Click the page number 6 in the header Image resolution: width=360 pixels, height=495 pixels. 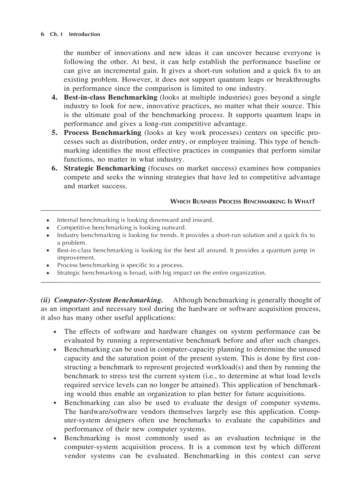(x=42, y=34)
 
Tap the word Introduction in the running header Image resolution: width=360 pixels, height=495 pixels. (x=84, y=34)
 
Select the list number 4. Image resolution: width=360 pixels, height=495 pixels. (x=55, y=97)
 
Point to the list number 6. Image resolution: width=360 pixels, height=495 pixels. (x=55, y=168)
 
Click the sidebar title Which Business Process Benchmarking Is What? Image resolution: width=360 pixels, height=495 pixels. (x=242, y=201)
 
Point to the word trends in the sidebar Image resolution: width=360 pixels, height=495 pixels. (x=165, y=235)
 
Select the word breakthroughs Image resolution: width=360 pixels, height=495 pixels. (x=297, y=79)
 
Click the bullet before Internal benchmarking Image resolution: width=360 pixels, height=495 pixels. (x=48, y=220)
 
